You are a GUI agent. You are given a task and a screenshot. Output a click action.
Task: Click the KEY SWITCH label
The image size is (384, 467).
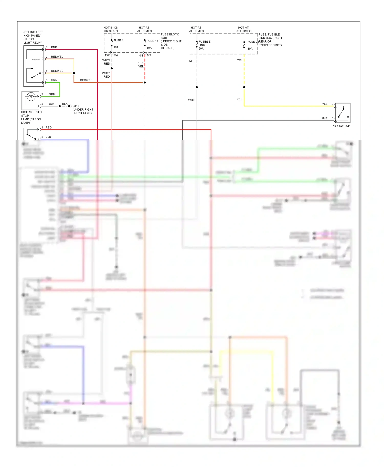tap(341, 126)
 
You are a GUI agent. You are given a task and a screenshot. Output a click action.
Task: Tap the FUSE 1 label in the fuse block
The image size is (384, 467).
tap(118, 40)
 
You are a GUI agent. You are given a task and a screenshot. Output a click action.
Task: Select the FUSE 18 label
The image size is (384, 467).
tap(152, 41)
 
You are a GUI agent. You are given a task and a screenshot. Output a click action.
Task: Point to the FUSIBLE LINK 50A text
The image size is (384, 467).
tap(204, 45)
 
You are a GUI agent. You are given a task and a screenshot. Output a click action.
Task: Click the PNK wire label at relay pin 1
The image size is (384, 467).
tap(54, 47)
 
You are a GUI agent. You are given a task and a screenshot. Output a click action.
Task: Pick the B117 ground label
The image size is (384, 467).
tap(76, 106)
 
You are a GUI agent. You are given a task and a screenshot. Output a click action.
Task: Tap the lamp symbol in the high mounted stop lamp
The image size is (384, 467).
tap(31, 97)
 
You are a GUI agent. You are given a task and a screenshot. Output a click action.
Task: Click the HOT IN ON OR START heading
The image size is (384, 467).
tap(111, 29)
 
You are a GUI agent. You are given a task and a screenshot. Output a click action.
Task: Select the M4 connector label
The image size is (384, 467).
tap(116, 55)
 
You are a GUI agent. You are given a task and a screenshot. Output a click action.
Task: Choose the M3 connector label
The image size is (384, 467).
tap(149, 55)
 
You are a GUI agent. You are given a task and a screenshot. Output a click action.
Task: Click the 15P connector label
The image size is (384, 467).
tap(107, 55)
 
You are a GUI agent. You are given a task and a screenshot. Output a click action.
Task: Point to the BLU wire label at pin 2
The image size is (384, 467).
tap(48, 137)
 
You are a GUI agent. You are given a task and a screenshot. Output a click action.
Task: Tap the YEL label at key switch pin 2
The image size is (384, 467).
tap(325, 104)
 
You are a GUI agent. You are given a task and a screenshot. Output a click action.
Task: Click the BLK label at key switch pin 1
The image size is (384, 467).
tap(325, 118)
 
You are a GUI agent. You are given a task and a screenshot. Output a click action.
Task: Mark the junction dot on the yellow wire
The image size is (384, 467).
tap(244, 87)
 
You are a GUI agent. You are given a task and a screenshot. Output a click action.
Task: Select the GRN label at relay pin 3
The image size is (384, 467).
tap(54, 80)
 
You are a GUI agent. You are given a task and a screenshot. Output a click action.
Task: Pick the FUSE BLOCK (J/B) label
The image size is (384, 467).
tap(169, 36)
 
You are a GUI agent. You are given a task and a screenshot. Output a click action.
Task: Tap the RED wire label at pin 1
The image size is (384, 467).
tap(48, 127)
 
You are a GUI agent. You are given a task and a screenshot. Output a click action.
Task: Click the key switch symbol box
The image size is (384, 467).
tap(343, 113)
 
